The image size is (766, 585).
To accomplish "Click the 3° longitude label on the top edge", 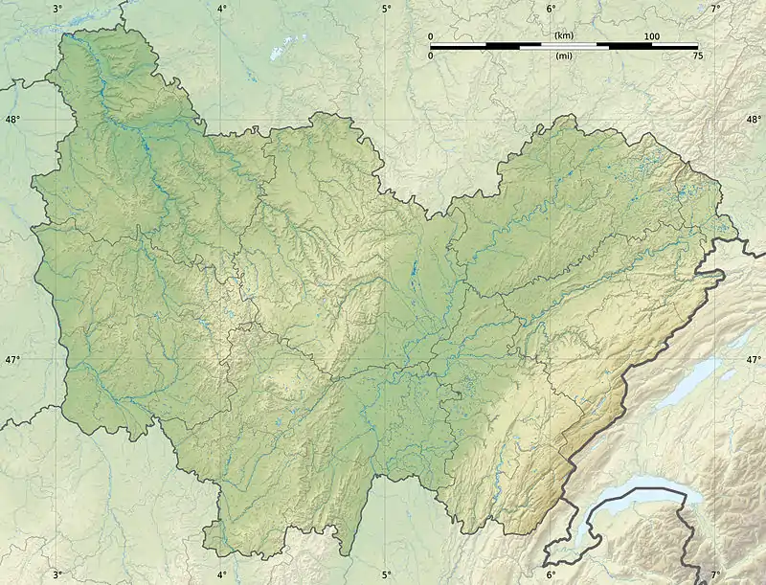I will [56, 9].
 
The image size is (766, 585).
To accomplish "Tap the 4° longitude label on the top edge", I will [221, 9].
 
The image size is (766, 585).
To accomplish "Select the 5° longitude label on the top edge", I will [386, 9].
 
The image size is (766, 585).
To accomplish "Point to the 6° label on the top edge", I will [551, 9].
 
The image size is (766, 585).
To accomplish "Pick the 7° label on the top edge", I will [715, 9].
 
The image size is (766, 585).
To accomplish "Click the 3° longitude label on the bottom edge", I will [56, 574].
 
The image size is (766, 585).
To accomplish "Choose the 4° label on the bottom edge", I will [221, 574].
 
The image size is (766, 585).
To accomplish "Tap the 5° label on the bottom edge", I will [386, 574].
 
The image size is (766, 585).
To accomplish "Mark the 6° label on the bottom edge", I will [551, 574].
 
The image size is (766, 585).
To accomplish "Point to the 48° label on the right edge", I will [754, 120].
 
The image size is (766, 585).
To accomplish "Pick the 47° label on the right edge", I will [754, 360].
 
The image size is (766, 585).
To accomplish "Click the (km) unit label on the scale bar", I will [564, 35].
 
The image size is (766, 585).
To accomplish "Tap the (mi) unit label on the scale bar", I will [564, 56].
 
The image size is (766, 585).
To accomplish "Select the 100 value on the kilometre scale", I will [652, 36].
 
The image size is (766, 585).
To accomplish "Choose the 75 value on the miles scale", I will [697, 56].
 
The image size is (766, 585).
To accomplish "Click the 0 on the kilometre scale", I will [431, 36].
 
